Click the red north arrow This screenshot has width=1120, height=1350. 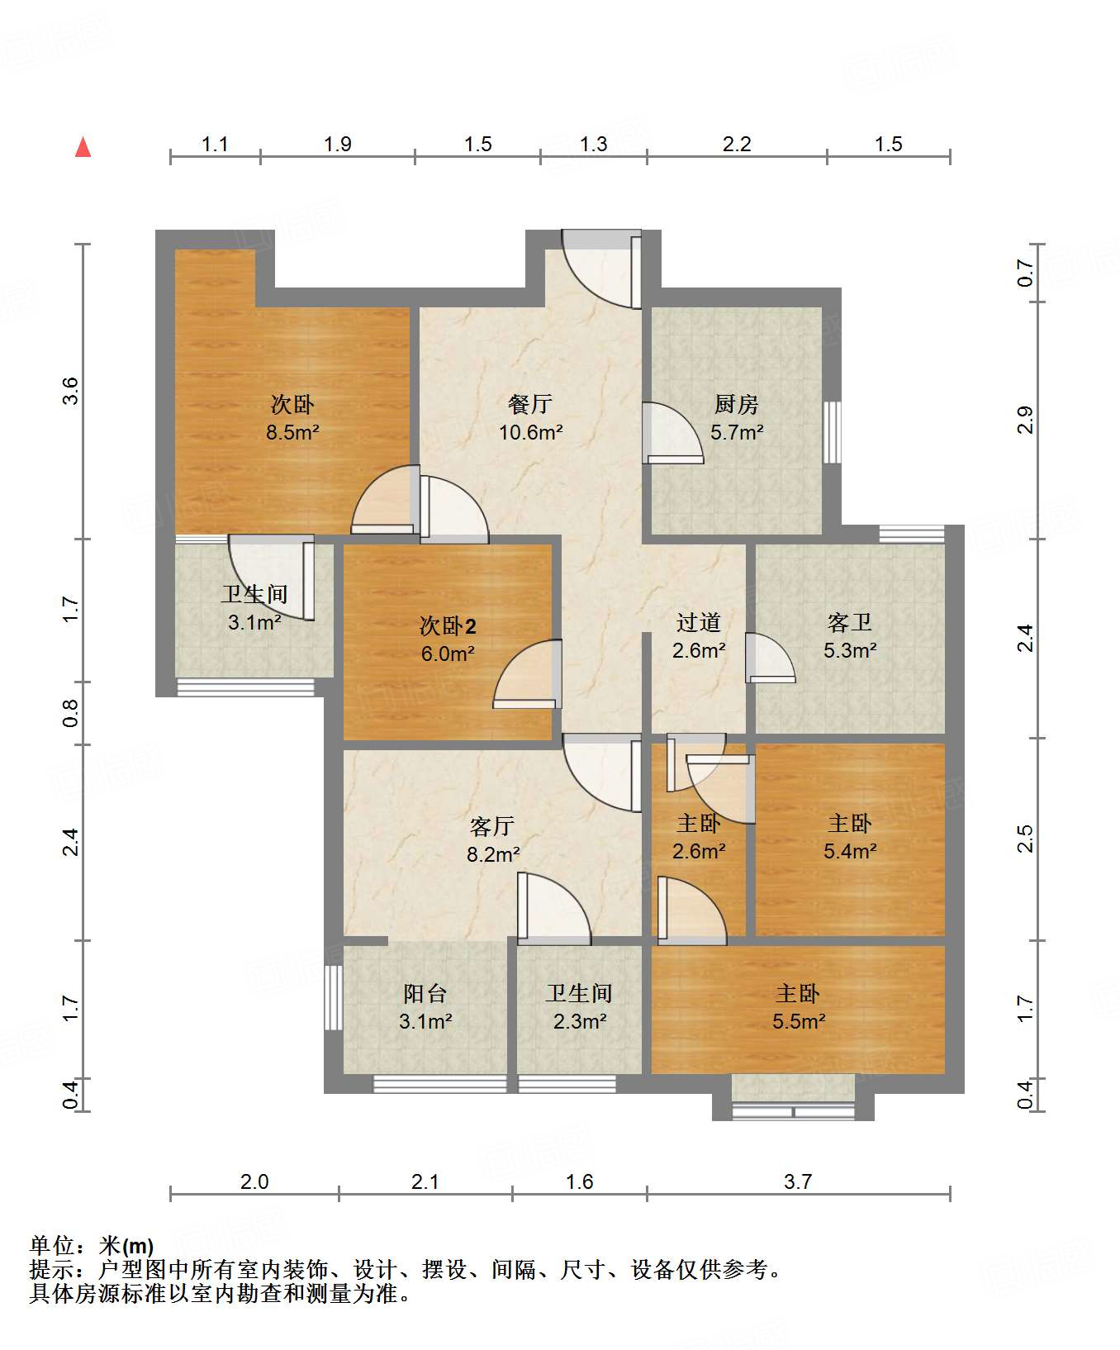83,147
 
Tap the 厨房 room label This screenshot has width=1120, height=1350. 736,404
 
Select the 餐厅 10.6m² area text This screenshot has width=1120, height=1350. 531,432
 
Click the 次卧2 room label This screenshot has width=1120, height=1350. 448,626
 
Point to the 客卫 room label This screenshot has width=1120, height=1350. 850,622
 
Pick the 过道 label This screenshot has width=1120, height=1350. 699,622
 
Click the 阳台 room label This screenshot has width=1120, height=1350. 425,993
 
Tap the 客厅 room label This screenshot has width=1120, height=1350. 492,826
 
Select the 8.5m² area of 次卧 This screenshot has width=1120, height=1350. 292,432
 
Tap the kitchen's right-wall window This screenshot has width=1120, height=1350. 832,432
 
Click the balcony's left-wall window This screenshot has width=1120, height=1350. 334,997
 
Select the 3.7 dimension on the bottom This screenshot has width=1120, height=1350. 798,1182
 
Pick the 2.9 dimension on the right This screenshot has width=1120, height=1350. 1025,421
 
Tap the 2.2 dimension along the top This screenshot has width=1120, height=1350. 737,145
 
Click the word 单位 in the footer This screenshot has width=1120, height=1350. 51,1246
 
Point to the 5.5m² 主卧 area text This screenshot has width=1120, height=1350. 799,1022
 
